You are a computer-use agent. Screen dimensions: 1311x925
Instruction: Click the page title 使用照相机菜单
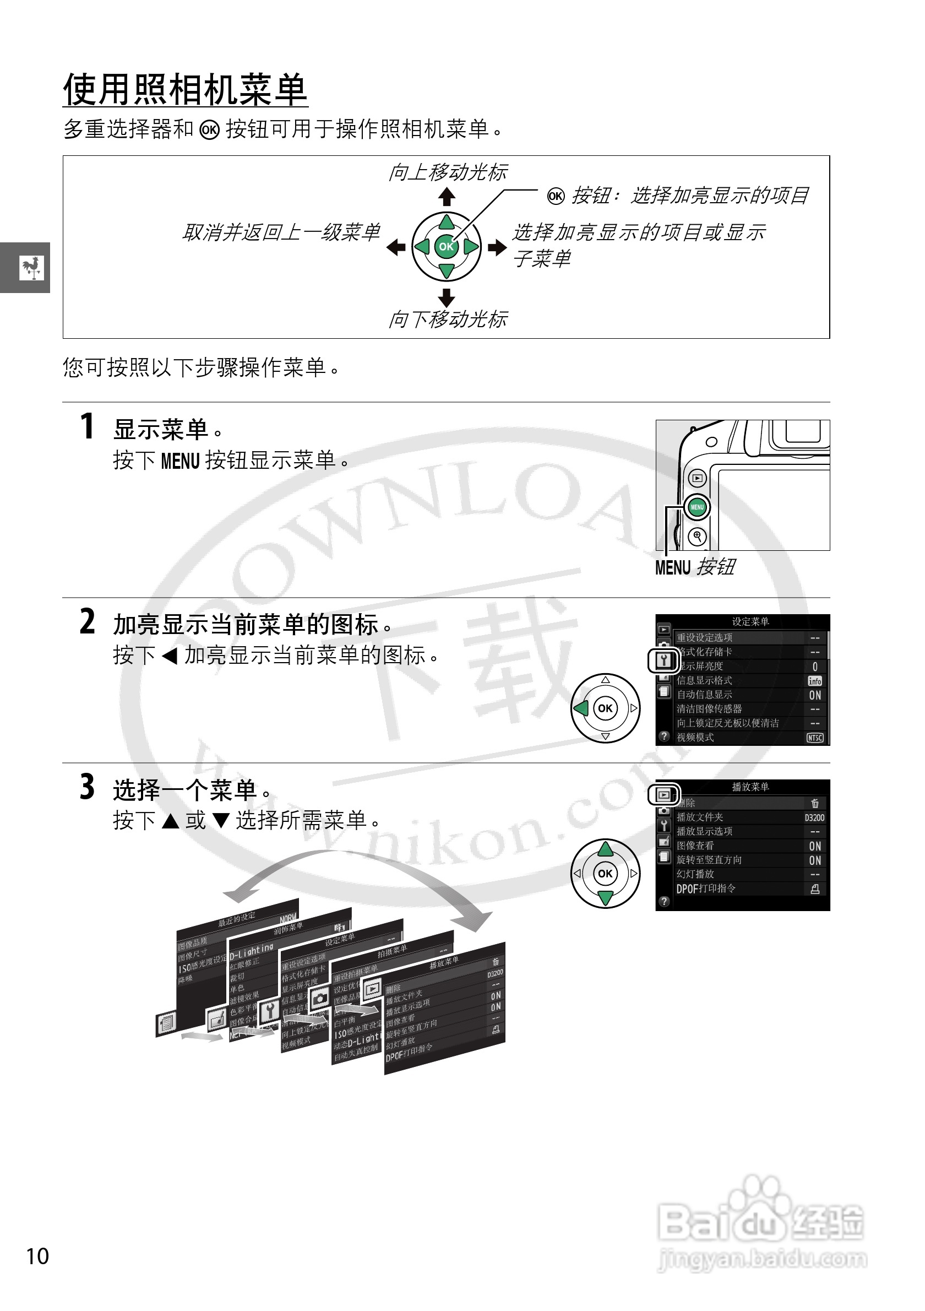point(185,90)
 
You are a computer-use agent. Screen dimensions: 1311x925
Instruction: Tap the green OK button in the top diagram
point(446,247)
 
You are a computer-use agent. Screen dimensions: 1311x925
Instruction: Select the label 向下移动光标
point(448,319)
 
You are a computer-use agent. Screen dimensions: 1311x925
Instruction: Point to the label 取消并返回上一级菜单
point(281,232)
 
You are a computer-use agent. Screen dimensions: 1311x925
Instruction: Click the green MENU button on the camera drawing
point(697,507)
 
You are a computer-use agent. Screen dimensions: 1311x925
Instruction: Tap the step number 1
point(87,426)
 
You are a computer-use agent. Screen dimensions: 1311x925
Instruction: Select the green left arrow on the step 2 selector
point(581,708)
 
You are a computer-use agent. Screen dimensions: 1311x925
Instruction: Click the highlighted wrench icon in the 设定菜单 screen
point(663,661)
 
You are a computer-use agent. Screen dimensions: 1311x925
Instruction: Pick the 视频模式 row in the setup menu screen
point(695,737)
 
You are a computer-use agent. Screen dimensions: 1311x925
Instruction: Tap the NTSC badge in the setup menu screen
point(815,738)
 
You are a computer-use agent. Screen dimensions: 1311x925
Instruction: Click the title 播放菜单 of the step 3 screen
point(750,787)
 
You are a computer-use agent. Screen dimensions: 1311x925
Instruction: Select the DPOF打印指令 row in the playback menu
point(706,889)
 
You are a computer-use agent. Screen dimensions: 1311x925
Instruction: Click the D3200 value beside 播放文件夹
point(814,817)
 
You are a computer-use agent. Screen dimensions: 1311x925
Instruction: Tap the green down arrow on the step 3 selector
point(606,898)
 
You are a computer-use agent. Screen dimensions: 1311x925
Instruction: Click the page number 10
point(37,1256)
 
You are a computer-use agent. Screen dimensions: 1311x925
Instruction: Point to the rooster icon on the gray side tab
point(31,267)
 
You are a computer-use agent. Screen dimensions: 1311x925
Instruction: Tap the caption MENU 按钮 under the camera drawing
point(694,567)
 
